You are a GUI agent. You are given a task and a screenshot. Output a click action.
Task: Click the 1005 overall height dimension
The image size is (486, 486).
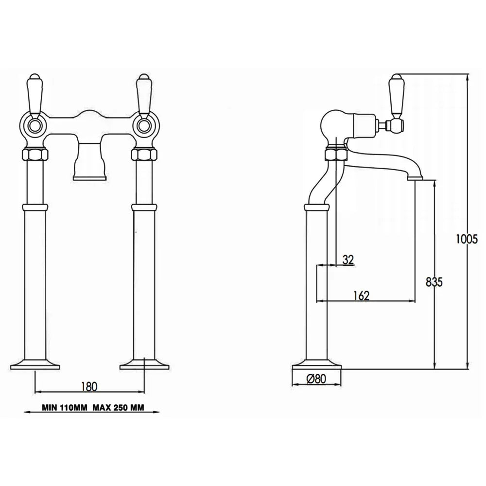[x=467, y=239]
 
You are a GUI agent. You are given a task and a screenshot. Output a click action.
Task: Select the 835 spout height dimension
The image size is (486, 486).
[x=434, y=282]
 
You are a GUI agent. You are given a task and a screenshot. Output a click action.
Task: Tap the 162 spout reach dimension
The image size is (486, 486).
[x=362, y=295]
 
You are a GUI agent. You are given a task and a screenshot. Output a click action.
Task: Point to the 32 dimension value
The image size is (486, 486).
[x=348, y=260]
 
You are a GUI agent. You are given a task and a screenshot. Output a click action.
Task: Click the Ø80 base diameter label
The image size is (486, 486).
[x=316, y=379]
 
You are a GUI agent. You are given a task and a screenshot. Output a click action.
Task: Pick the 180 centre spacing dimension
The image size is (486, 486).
[x=89, y=386]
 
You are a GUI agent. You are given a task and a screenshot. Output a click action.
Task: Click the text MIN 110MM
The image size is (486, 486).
[x=65, y=408]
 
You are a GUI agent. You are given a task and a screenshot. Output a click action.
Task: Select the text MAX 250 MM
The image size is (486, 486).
[x=118, y=408]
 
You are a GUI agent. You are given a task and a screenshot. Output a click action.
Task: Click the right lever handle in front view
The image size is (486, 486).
[x=143, y=95]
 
